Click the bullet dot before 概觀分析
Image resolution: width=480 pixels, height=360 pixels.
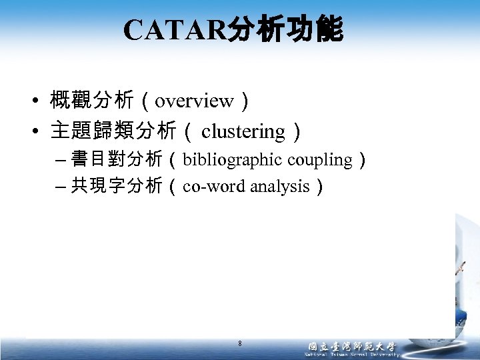coord(33,102)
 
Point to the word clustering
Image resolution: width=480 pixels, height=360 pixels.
coord(243,132)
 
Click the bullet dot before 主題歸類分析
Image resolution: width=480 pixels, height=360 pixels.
coord(33,133)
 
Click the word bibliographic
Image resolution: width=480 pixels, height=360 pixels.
coord(233,160)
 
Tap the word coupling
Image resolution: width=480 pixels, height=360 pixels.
coord(321,160)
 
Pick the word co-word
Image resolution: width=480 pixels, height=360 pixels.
coord(215,187)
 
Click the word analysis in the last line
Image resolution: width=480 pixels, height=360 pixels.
coord(280,187)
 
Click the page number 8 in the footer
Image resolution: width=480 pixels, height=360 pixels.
coord(240,344)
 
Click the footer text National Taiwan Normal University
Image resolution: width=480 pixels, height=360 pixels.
coord(351,355)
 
